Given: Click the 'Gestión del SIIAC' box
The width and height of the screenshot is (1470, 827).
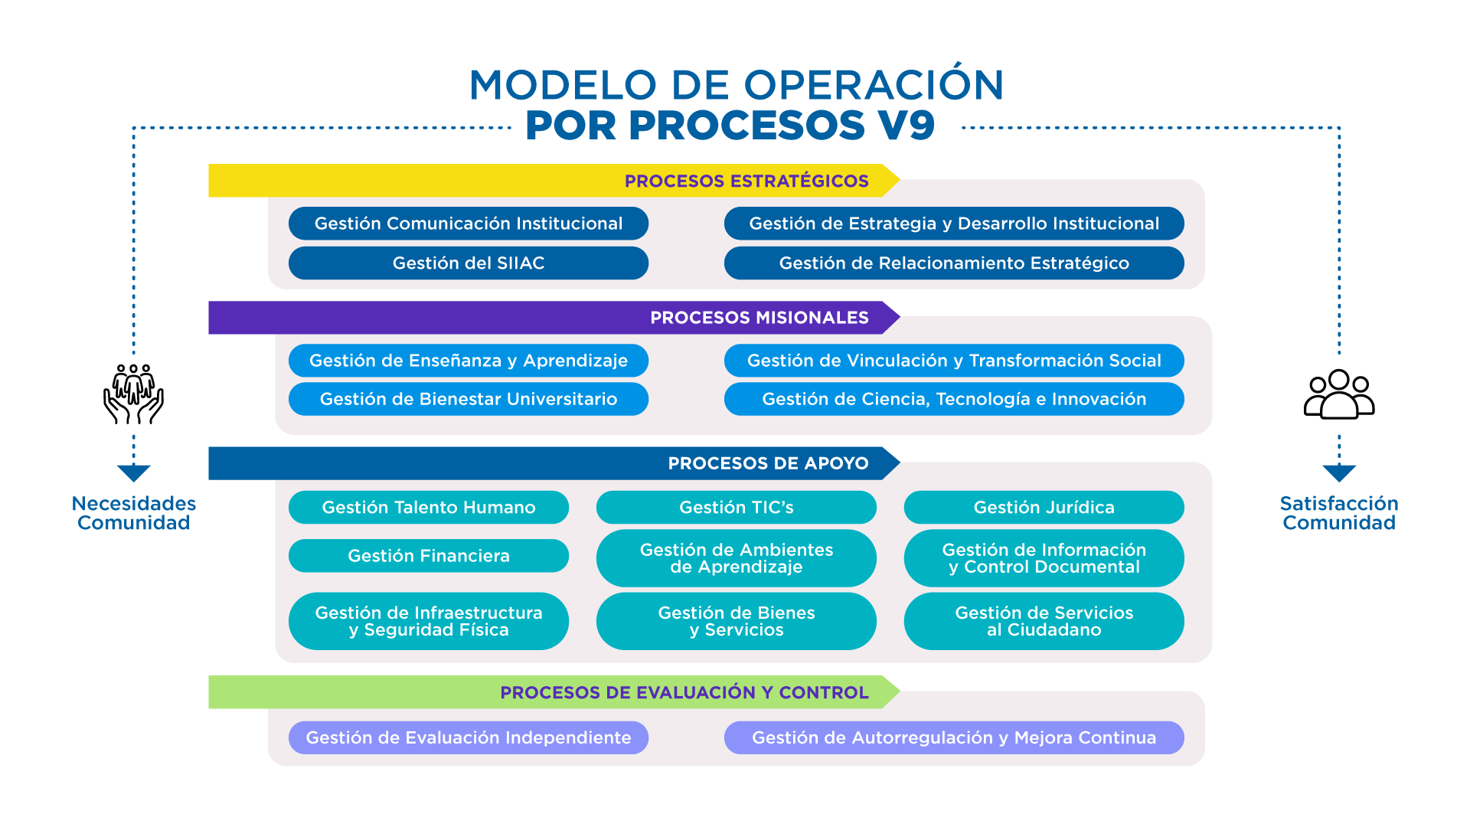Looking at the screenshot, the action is [469, 263].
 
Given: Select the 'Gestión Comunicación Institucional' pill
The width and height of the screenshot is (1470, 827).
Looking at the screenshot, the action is [469, 224].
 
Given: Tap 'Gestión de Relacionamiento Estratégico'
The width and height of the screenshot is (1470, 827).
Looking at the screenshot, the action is [954, 263].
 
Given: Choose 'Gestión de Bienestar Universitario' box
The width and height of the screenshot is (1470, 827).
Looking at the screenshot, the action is [469, 399].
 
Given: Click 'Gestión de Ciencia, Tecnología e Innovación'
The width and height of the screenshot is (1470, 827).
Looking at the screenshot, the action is [954, 399].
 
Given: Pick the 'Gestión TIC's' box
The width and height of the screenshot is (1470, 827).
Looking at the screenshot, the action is [737, 507].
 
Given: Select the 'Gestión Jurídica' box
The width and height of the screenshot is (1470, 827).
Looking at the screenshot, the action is [1044, 507].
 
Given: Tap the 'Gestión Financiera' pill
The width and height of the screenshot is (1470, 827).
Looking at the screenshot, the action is [429, 556].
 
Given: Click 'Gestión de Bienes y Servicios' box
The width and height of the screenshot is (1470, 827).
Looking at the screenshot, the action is [737, 621].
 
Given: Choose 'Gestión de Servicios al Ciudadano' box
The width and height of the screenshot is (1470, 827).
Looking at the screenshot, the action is [1044, 621].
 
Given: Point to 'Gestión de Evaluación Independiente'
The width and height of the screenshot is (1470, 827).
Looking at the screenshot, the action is [469, 737].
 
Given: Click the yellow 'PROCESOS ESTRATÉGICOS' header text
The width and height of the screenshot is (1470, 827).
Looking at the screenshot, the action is [746, 181].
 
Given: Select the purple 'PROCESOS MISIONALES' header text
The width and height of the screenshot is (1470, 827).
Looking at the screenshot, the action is [759, 318].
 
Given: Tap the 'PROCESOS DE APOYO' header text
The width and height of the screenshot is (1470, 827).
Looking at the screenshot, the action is [769, 463].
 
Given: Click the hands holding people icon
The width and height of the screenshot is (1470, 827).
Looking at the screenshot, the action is [134, 394].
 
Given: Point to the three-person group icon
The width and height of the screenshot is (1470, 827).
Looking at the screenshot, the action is [1339, 394].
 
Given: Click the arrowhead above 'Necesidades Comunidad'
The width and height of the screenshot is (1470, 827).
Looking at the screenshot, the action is [134, 473].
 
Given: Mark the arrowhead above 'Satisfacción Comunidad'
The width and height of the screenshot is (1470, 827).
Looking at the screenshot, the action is [1339, 473].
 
